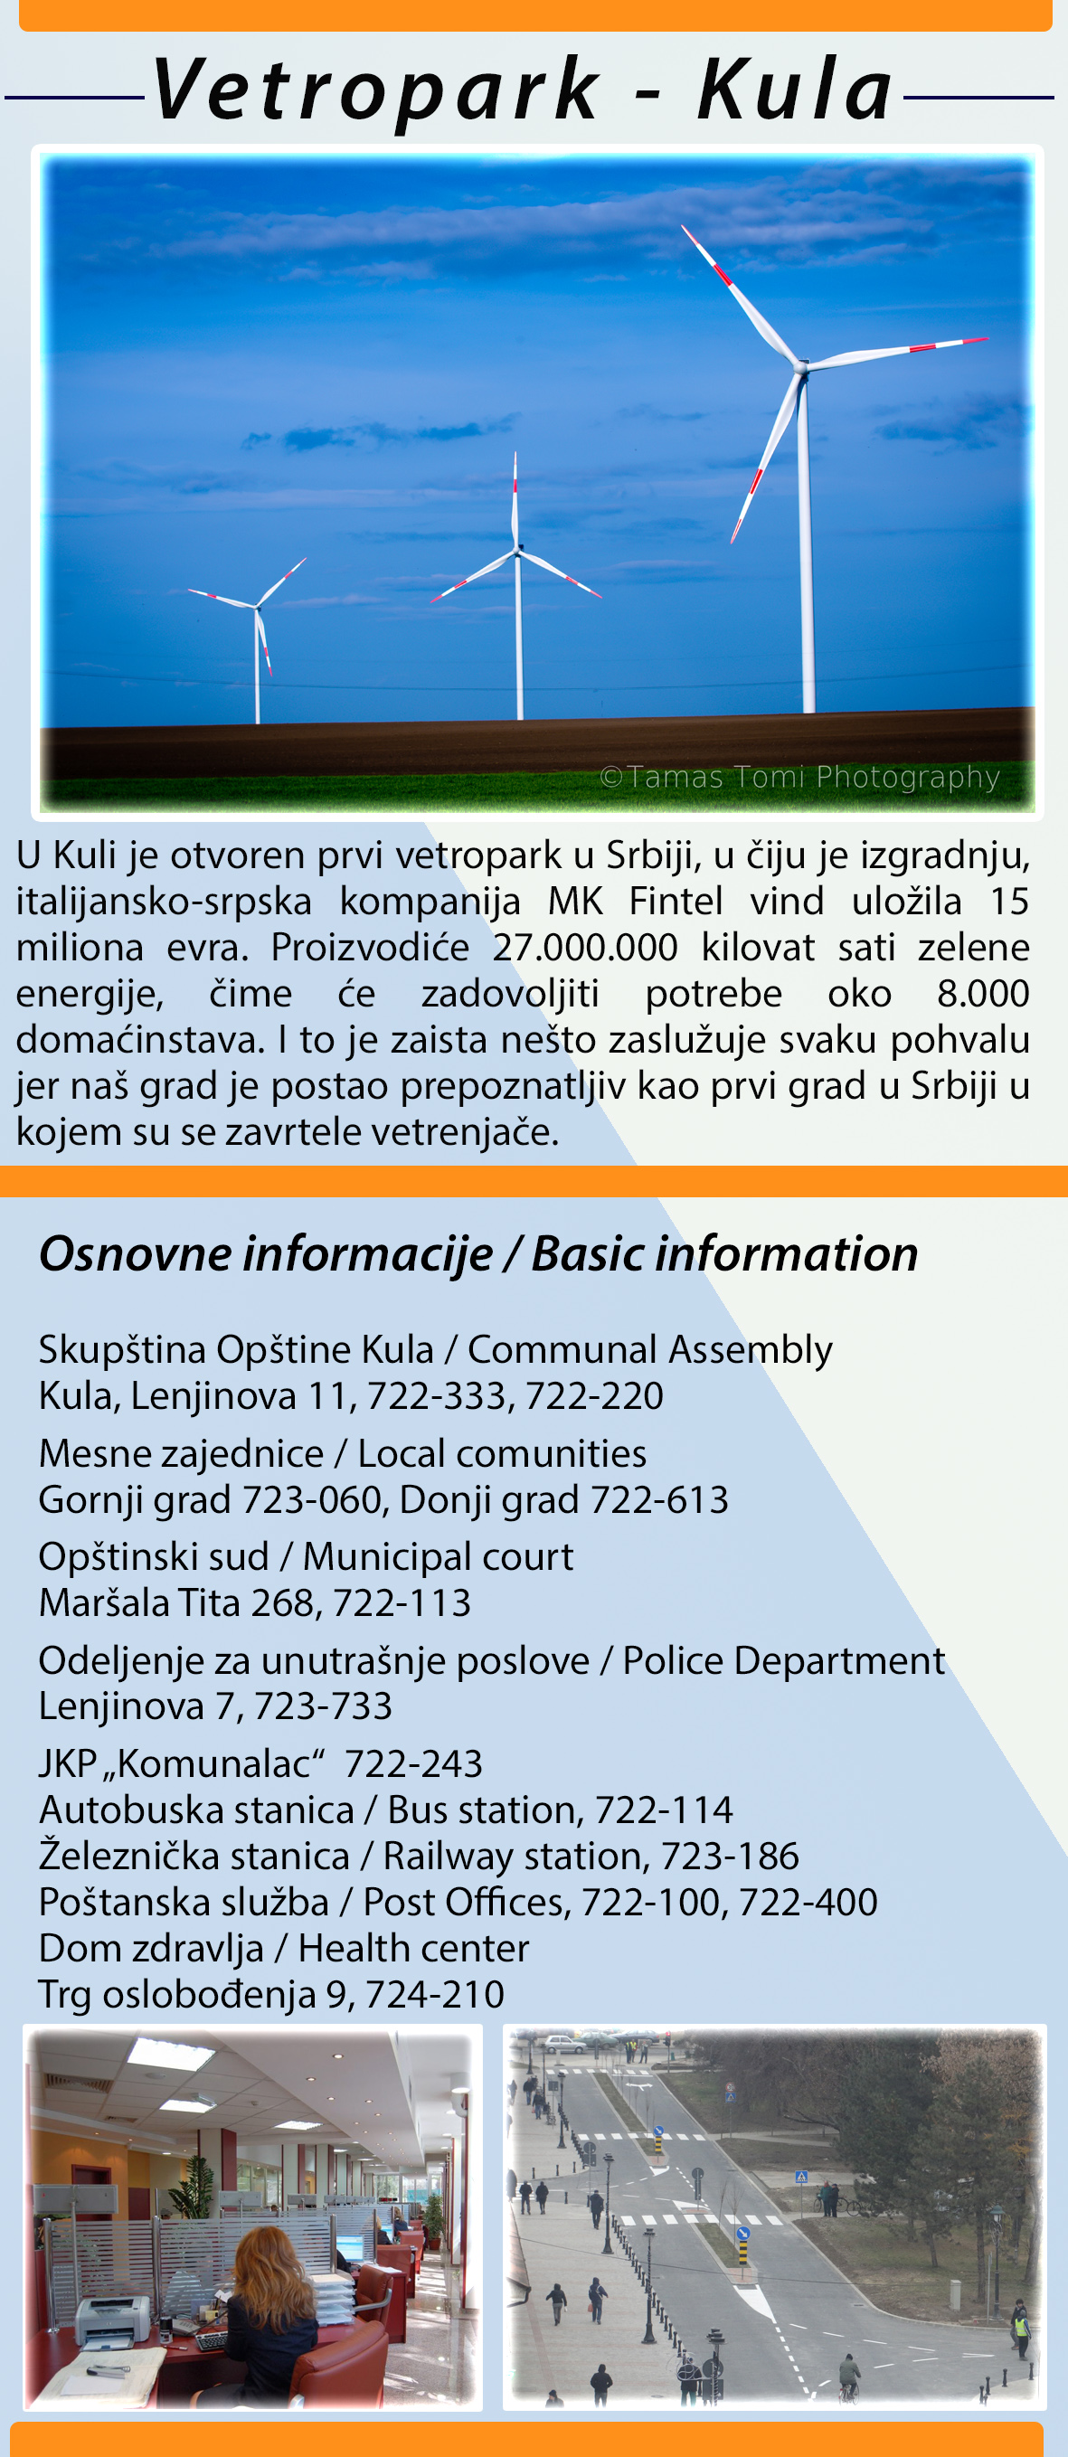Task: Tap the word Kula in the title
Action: [795, 90]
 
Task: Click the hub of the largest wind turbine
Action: [800, 366]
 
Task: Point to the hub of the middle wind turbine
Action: [518, 551]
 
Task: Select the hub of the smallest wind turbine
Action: [257, 606]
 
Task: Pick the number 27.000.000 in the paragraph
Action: [584, 947]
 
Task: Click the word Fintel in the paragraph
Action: [676, 902]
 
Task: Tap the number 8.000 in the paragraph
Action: [982, 993]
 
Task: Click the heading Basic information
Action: [724, 1253]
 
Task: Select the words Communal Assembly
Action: [649, 1349]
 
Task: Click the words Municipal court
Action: [438, 1556]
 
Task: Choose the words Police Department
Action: [783, 1660]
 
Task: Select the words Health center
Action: [413, 1948]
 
